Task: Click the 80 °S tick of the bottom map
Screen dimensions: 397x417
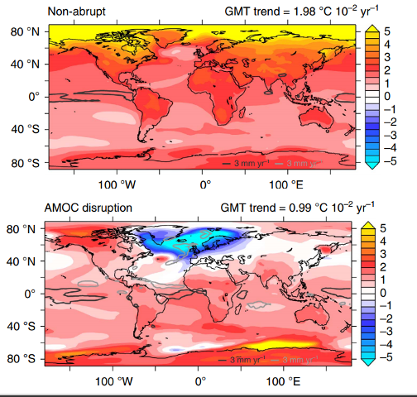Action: pos(22,359)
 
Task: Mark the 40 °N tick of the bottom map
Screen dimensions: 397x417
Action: pos(22,261)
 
